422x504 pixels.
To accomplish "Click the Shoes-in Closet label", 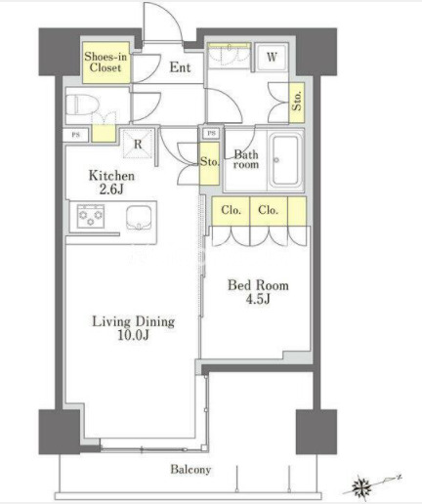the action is click(x=105, y=62).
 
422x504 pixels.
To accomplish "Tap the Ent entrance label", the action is click(x=180, y=67).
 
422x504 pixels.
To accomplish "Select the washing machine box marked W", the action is click(x=272, y=58).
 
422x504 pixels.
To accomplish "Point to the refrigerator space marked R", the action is click(x=138, y=144).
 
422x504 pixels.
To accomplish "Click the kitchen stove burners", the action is click(x=91, y=216).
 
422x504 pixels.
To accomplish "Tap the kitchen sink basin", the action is click(x=139, y=218).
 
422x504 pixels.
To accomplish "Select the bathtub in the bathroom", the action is click(x=285, y=160).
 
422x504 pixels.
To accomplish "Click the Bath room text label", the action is click(x=246, y=159).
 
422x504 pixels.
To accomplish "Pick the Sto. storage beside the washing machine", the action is click(x=297, y=103).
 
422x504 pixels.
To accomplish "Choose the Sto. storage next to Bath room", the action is click(x=209, y=163).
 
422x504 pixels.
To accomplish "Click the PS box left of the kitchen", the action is click(x=75, y=135).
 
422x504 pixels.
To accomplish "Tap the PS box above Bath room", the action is click(x=211, y=133).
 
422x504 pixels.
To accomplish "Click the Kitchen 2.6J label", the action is click(x=111, y=183).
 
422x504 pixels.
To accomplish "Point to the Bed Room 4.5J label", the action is click(x=258, y=292).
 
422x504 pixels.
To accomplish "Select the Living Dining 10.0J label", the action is click(x=134, y=328).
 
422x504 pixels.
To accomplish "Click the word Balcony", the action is click(x=190, y=469).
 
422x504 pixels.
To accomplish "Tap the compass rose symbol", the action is click(x=362, y=486).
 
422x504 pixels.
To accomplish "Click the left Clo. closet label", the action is click(x=231, y=210).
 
